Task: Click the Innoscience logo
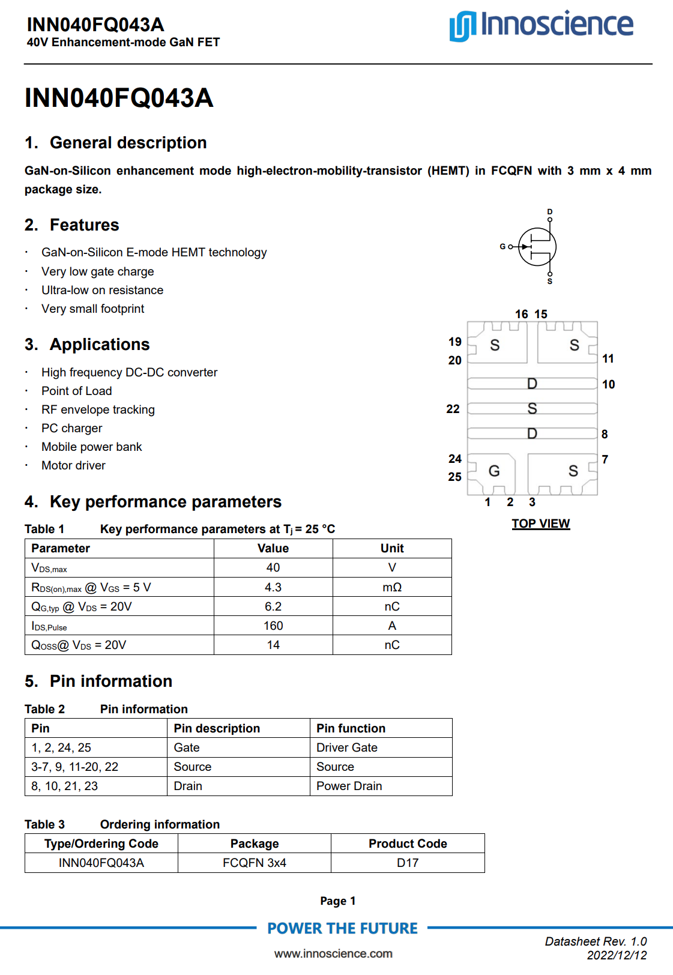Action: (541, 25)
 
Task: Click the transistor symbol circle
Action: (537, 247)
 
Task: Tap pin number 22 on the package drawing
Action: (453, 409)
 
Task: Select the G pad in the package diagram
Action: (493, 471)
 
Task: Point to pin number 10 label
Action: (608, 384)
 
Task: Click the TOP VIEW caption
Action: (540, 524)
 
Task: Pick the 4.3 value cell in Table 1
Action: (273, 587)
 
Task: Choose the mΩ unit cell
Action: (392, 587)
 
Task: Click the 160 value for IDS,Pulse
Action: (273, 626)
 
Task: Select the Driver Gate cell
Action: (347, 747)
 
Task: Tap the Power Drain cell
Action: (349, 786)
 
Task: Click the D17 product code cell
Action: (408, 863)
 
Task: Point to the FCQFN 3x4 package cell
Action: (254, 863)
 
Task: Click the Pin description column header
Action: (217, 728)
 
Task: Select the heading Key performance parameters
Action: (165, 502)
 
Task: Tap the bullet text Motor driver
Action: (73, 465)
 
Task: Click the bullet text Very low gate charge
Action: (97, 271)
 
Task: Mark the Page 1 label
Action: (337, 901)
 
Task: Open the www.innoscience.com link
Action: (333, 953)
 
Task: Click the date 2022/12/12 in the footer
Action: (617, 955)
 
